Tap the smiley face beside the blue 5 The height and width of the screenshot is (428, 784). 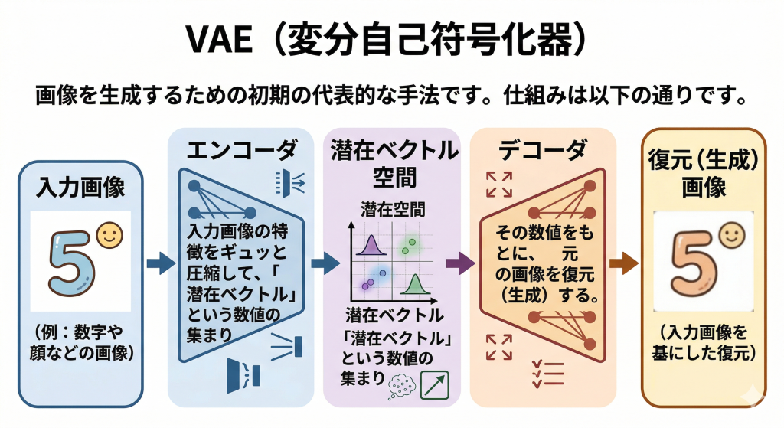(x=110, y=235)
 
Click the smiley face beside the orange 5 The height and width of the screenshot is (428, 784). (x=730, y=234)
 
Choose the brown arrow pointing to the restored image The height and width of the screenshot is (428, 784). (x=623, y=264)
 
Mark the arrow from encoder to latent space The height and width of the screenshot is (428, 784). (x=325, y=264)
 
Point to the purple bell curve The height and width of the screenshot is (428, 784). (x=372, y=244)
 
